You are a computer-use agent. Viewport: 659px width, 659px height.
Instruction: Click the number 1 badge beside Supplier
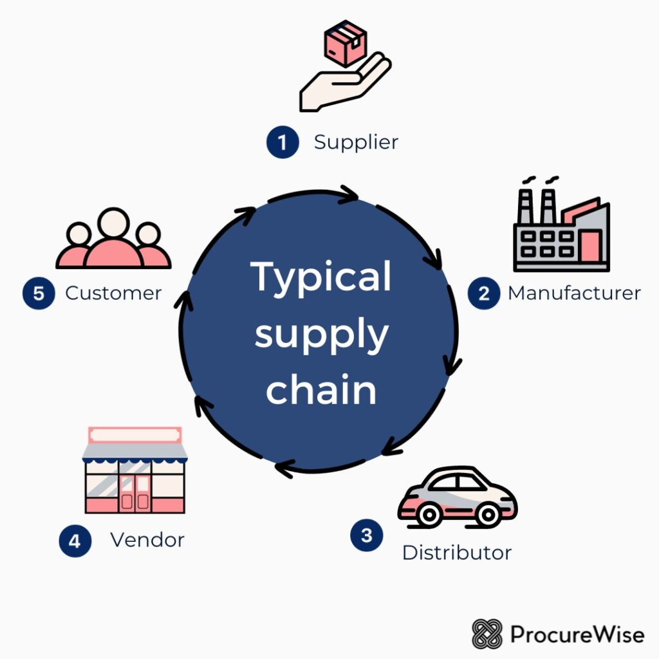click(283, 142)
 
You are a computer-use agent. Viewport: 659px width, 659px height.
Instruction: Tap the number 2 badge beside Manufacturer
click(483, 293)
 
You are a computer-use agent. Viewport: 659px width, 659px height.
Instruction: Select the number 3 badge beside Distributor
click(366, 535)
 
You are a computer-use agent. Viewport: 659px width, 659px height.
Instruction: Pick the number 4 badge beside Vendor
click(75, 541)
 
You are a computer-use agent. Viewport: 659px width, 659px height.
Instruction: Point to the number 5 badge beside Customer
click(39, 293)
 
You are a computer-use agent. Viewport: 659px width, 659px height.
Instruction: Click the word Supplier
click(356, 142)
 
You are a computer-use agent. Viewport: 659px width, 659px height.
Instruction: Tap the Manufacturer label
click(574, 293)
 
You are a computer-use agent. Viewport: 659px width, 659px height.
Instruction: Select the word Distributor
click(456, 552)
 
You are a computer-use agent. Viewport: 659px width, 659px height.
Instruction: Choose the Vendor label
click(147, 539)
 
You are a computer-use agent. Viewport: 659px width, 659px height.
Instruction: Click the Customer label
click(113, 293)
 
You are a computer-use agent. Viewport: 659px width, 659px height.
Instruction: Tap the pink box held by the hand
click(345, 45)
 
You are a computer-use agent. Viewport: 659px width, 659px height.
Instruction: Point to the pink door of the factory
click(589, 246)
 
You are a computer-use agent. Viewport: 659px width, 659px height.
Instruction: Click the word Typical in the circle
click(320, 277)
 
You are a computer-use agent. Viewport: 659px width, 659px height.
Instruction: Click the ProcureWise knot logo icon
click(487, 634)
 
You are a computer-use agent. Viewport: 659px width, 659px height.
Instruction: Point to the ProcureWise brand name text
click(577, 634)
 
